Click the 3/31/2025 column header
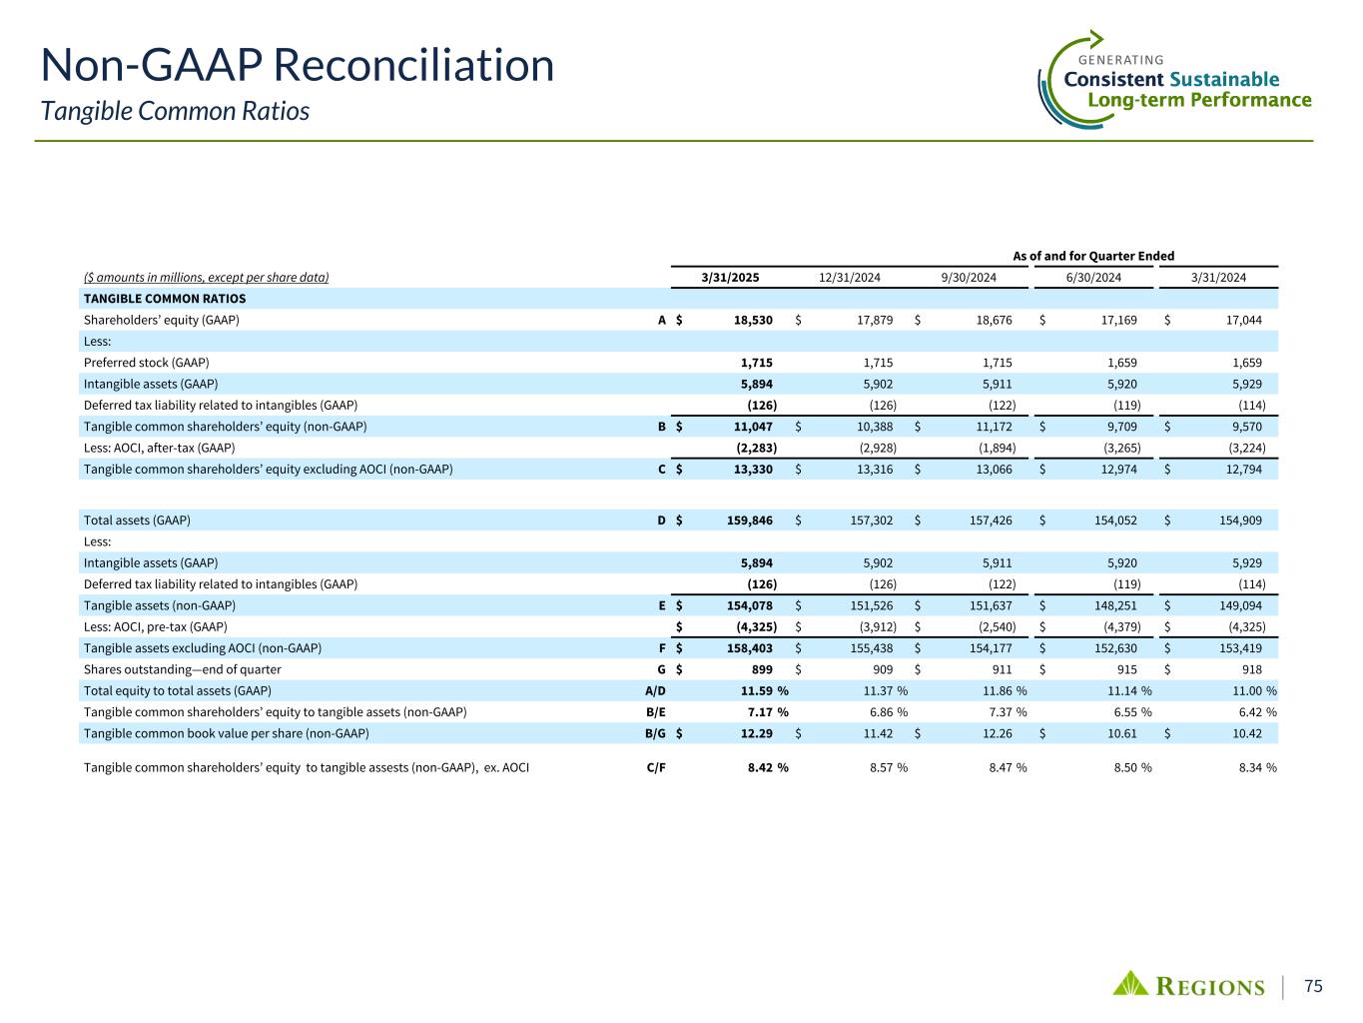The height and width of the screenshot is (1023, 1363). (x=730, y=278)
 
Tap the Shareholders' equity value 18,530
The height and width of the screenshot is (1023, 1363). (x=752, y=321)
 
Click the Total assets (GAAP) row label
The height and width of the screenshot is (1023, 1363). (x=137, y=520)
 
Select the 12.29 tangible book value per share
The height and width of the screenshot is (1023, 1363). (x=755, y=733)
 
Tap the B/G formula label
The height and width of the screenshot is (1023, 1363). (x=655, y=733)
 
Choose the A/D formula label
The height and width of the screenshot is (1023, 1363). (x=655, y=690)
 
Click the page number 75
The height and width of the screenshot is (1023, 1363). (x=1314, y=986)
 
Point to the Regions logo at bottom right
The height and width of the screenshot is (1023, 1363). (x=1189, y=985)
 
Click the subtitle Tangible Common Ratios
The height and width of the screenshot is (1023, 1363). (x=175, y=111)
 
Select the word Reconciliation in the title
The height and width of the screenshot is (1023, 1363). (x=413, y=66)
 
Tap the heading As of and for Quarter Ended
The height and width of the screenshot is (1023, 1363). (x=1093, y=256)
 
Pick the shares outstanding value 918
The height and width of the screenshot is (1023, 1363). (x=1250, y=669)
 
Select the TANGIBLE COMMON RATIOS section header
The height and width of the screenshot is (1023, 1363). (x=165, y=299)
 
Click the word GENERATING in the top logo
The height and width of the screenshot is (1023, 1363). (x=1122, y=60)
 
